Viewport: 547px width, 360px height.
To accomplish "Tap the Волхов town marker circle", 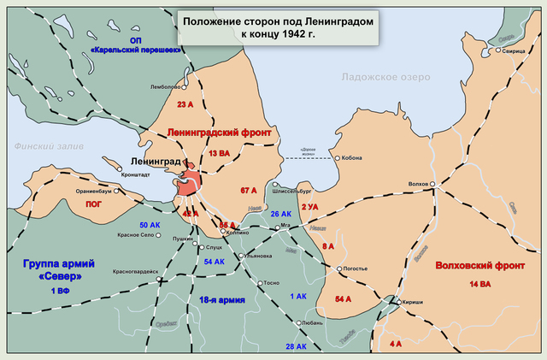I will [433, 184].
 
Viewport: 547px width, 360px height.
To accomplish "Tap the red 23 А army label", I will [186, 105].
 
